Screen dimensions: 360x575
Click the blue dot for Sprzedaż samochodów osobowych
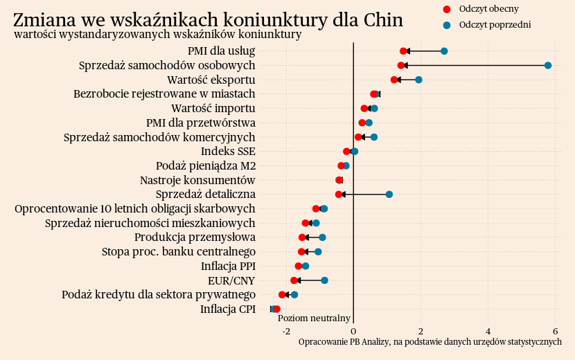pos(548,65)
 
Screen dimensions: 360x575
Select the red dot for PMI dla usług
pos(403,51)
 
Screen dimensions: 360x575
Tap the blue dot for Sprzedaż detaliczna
pos(389,195)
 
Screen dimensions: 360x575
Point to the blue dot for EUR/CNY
pos(324,280)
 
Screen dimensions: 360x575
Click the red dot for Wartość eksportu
pos(394,80)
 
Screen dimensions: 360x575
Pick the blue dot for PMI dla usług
pos(444,51)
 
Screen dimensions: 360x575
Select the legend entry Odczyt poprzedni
pos(494,25)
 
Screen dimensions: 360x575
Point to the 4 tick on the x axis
pos(488,330)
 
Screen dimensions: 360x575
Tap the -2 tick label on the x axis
pos(286,330)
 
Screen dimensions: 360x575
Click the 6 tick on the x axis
pos(556,330)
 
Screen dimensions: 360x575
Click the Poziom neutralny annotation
pos(314,318)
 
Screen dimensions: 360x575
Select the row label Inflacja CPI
pos(228,309)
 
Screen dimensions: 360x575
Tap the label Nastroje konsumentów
pos(197,180)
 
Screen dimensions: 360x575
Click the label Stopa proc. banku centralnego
pos(179,251)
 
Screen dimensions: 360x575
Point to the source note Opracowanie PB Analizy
pos(430,341)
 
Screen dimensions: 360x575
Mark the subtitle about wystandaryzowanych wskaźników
pos(157,35)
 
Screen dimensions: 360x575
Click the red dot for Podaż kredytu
pos(282,295)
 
